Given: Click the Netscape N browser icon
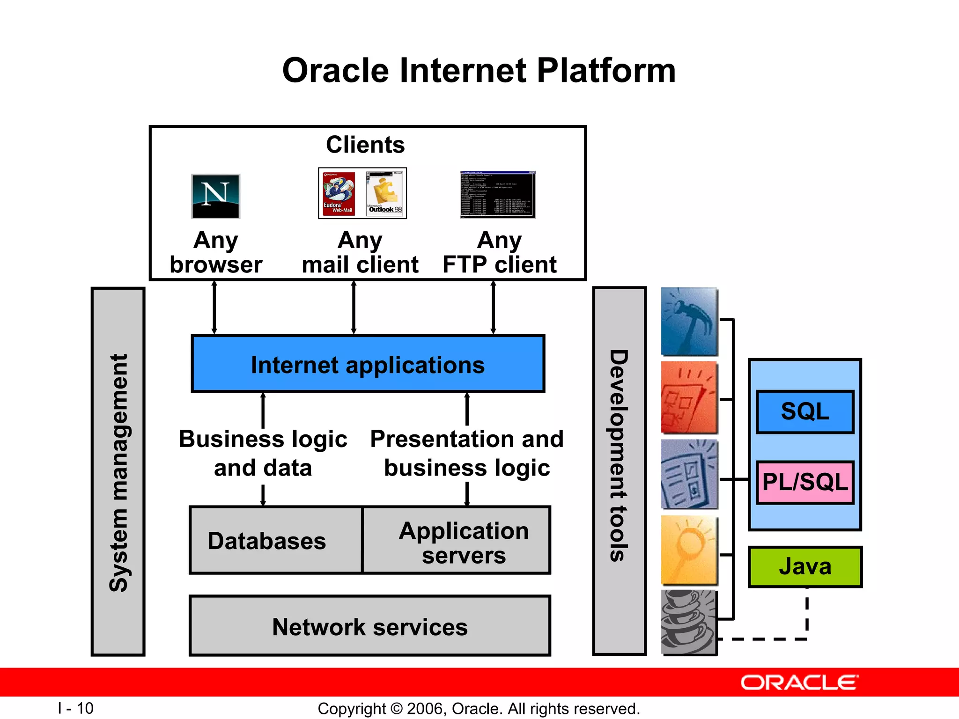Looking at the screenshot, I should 215,196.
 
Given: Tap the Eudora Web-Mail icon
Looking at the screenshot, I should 339,193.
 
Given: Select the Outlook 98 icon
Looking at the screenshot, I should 385,193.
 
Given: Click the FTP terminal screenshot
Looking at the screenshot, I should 497,195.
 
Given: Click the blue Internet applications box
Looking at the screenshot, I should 368,364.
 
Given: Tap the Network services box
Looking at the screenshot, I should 370,626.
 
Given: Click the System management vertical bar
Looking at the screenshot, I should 118,472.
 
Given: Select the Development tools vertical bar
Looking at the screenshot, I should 619,471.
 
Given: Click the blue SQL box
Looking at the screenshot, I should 805,412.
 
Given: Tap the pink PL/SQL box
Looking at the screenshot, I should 805,482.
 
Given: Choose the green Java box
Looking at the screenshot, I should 805,566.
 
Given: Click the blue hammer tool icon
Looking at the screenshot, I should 689,322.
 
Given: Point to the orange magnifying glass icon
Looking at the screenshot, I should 689,550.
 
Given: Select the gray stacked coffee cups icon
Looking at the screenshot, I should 689,622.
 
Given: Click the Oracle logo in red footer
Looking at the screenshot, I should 799,682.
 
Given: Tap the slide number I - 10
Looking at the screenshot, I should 76,708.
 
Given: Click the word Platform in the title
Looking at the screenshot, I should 606,71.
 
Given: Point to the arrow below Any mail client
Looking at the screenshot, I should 354,308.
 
